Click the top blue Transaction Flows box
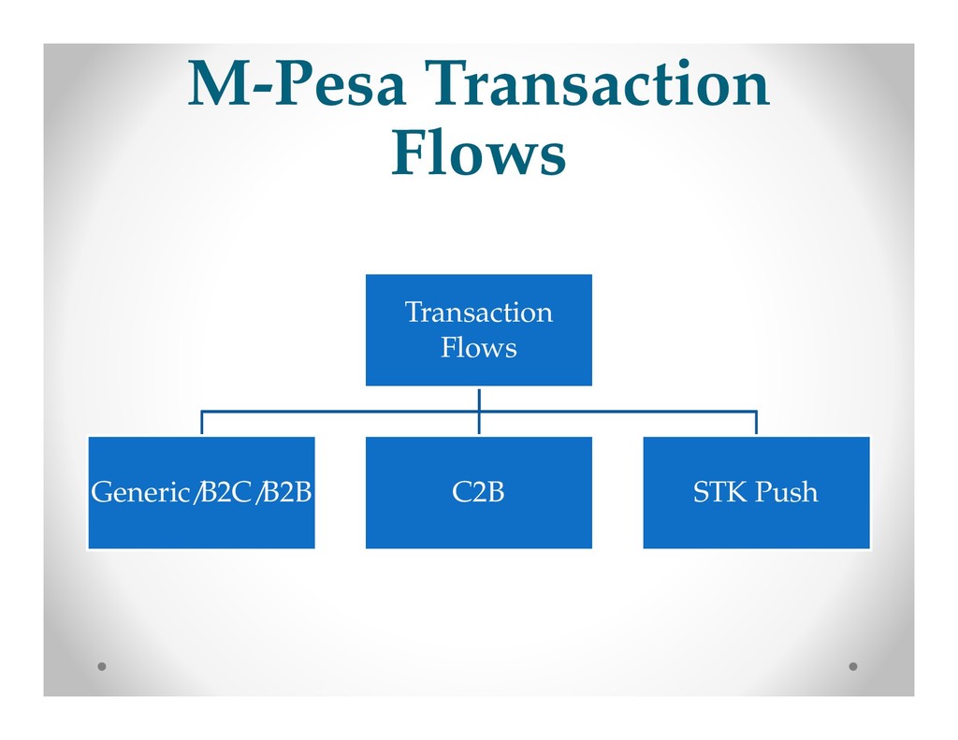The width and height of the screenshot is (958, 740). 478,329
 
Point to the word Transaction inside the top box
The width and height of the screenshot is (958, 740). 478,312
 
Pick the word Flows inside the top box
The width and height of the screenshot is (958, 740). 478,349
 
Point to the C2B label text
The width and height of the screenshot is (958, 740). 478,492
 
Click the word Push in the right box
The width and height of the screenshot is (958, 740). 786,492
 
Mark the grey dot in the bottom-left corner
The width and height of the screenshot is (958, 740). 102,667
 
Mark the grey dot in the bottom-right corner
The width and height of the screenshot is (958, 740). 852,667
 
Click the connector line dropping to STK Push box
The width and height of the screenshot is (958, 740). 756,423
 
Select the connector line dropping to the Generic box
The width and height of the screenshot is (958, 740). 202,423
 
